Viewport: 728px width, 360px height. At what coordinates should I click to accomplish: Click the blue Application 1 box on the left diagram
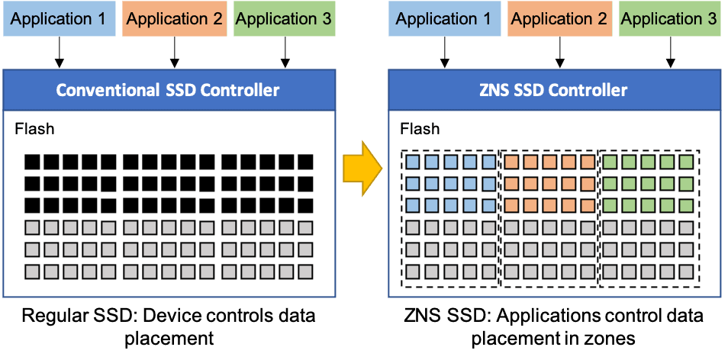[60, 19]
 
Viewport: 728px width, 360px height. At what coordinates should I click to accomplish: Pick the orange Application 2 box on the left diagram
[175, 19]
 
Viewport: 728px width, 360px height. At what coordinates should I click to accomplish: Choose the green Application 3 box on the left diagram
[284, 19]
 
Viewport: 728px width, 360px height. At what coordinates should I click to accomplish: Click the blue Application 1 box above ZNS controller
[444, 19]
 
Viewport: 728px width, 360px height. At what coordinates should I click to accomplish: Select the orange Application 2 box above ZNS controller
[559, 19]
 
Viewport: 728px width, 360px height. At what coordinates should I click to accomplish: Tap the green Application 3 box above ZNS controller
[669, 19]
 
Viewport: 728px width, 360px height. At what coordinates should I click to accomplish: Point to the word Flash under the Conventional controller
[34, 129]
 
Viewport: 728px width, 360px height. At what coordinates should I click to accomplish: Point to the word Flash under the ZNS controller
[420, 129]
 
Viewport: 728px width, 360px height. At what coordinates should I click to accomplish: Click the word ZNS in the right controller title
[494, 91]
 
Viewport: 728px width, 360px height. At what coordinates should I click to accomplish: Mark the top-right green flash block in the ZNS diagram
[687, 162]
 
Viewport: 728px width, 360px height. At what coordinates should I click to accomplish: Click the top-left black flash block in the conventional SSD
[32, 162]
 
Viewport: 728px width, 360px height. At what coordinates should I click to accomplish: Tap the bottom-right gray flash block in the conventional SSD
[306, 271]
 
